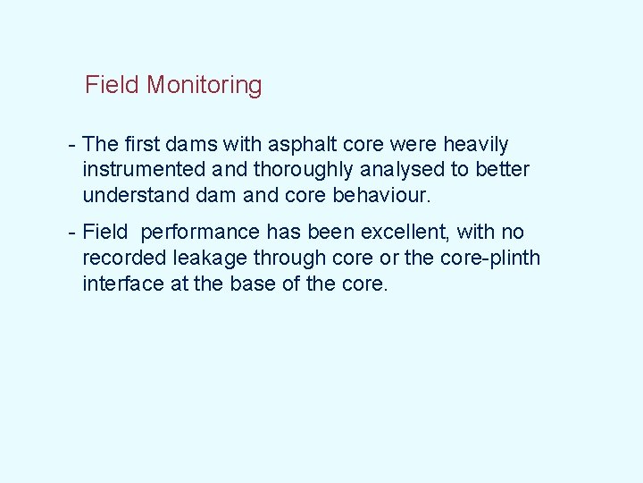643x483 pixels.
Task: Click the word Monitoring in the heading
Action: click(x=205, y=86)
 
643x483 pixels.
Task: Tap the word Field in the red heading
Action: click(x=113, y=86)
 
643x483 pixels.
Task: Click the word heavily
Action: click(x=476, y=145)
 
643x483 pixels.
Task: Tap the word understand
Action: click(x=129, y=195)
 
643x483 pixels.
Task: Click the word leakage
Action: click(x=197, y=258)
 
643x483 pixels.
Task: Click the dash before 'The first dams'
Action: click(x=71, y=145)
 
